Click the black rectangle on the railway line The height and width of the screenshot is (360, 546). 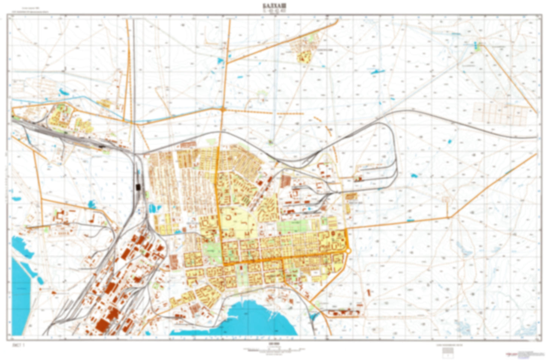[138, 187]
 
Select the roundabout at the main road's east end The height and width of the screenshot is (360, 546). [348, 250]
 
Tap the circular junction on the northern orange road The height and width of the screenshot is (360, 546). [224, 110]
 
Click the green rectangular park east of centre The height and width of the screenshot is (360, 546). [293, 226]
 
